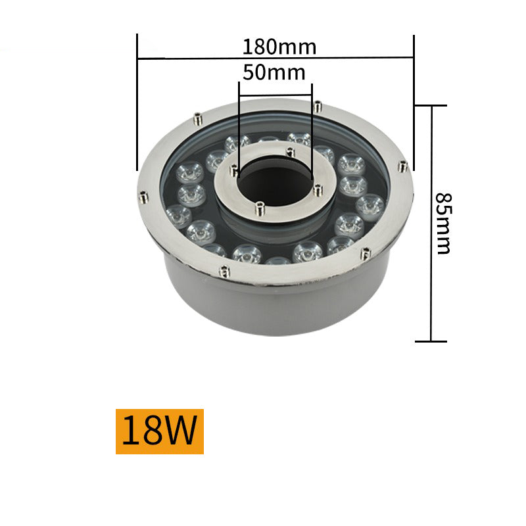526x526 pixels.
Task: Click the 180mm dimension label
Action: pyautogui.click(x=279, y=47)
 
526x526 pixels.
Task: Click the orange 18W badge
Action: pyautogui.click(x=160, y=431)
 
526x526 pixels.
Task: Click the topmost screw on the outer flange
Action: pyautogui.click(x=318, y=105)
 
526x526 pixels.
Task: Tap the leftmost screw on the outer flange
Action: pyautogui.click(x=143, y=195)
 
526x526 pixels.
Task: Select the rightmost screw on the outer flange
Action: pyautogui.click(x=403, y=166)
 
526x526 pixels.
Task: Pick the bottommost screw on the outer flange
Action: pyautogui.click(x=225, y=269)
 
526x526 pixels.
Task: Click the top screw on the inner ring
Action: pyautogui.click(x=290, y=151)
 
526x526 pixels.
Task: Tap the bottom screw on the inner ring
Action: pyautogui.click(x=259, y=207)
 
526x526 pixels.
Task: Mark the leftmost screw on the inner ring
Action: pyautogui.click(x=233, y=170)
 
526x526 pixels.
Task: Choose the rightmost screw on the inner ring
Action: pyautogui.click(x=318, y=190)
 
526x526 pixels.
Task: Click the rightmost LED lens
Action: pyautogui.click(x=370, y=205)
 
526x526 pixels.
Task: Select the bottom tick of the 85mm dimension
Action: pyautogui.click(x=431, y=341)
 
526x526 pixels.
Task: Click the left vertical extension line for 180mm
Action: pyautogui.click(x=137, y=99)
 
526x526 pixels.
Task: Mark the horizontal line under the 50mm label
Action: pyautogui.click(x=275, y=97)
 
